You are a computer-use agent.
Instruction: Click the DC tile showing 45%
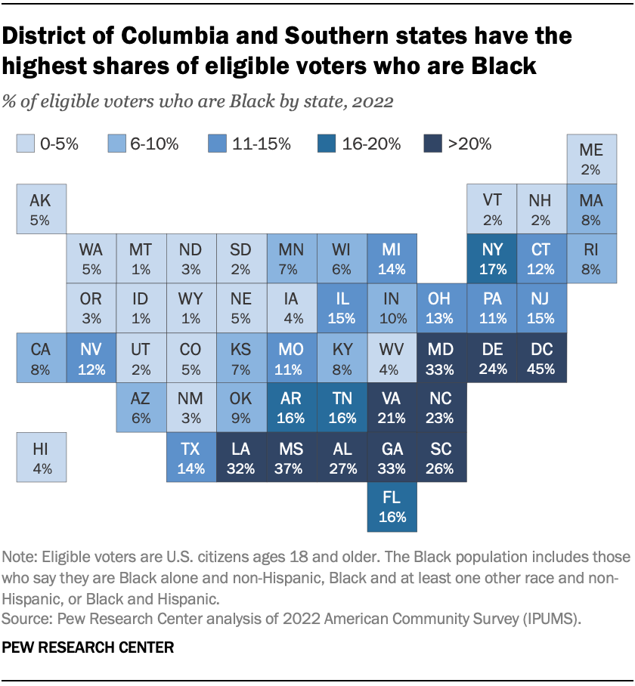click(x=541, y=358)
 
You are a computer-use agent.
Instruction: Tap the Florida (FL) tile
click(x=391, y=508)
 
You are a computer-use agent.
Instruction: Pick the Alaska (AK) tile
click(x=41, y=209)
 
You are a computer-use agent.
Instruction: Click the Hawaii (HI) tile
click(x=41, y=458)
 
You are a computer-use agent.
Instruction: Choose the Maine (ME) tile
click(x=591, y=159)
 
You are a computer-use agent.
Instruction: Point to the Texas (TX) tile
click(x=191, y=458)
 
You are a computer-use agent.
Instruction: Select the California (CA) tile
click(x=41, y=358)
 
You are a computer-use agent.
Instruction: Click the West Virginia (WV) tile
click(x=391, y=358)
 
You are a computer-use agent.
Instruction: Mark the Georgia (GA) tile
click(x=391, y=458)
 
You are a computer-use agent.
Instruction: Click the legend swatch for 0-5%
click(x=26, y=144)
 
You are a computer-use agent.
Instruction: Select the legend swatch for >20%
click(x=432, y=144)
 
